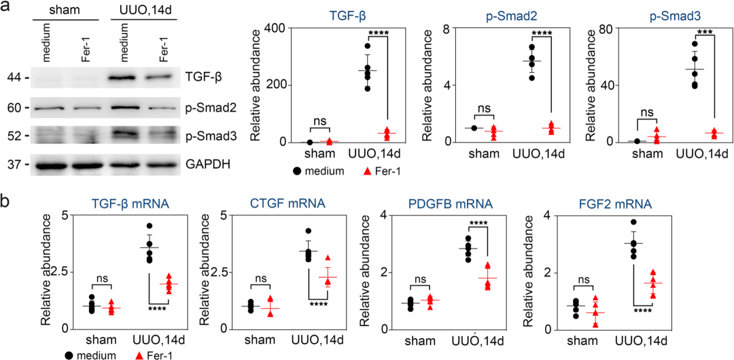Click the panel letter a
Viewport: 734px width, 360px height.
tap(5, 7)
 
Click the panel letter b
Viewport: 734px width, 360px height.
tap(5, 202)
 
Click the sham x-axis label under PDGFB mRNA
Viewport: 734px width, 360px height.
tap(415, 340)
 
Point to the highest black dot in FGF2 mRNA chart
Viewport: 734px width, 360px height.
tap(634, 222)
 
